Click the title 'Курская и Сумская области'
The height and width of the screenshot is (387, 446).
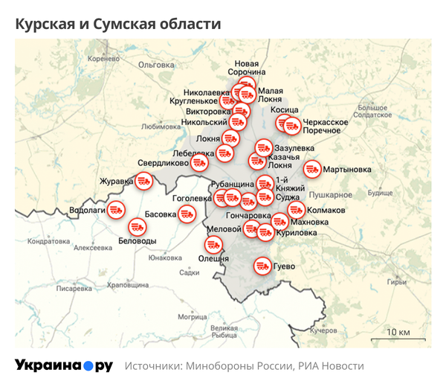(x=118, y=24)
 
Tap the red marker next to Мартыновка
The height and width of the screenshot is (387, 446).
(x=312, y=170)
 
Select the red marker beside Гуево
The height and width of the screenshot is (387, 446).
(x=262, y=265)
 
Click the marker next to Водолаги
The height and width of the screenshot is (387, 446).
(x=115, y=211)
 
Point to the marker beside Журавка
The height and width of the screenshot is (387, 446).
(x=143, y=180)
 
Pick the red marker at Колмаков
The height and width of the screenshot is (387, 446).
(x=296, y=211)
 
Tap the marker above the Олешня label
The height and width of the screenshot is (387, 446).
(x=213, y=245)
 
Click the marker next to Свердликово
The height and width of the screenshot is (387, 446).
(x=198, y=163)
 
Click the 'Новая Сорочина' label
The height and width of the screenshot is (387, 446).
(x=248, y=68)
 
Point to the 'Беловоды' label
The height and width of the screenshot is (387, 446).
(x=138, y=241)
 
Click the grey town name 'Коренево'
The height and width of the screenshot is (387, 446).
(x=103, y=58)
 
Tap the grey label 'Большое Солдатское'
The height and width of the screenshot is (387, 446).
(x=372, y=112)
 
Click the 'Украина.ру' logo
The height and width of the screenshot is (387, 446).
(x=64, y=365)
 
